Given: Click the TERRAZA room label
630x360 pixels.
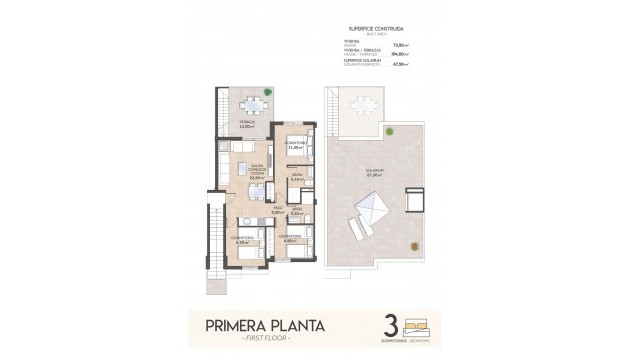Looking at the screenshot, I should tap(245, 124).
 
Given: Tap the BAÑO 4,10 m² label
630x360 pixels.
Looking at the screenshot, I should tap(297, 178).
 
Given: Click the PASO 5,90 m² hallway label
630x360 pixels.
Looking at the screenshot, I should tap(277, 211).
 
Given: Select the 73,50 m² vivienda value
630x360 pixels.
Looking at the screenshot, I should tap(409, 45).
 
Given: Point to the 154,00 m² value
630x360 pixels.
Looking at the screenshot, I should tap(409, 55).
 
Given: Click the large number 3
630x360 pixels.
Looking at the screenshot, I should tap(391, 326).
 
